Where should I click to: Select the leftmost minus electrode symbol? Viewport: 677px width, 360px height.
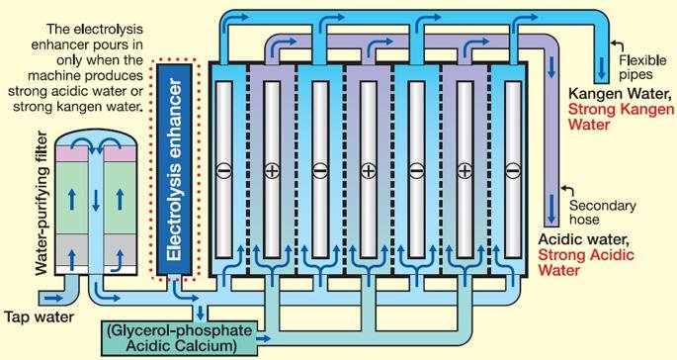(x=223, y=171)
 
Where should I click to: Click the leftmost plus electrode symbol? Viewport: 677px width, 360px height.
(x=272, y=171)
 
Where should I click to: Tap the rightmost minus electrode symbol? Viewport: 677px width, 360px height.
(x=511, y=171)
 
